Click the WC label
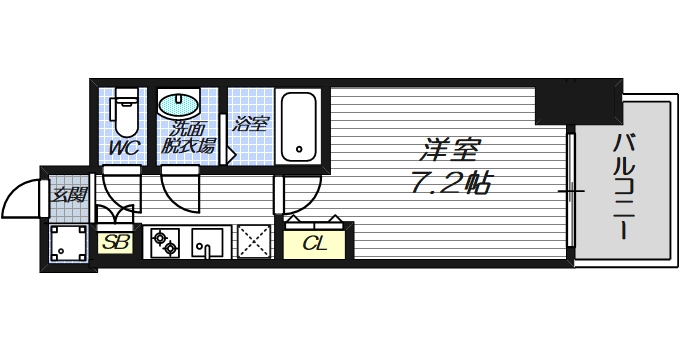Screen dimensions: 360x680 (124, 148)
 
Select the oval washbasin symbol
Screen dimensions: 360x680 (179, 103)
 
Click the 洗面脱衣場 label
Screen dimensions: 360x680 (190, 137)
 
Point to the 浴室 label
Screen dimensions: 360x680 (250, 124)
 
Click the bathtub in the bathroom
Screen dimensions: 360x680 (298, 126)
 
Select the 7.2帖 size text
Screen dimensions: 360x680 (451, 184)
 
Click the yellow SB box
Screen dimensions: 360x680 (115, 243)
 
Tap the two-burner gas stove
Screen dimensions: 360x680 (166, 243)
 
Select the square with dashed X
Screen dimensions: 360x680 (253, 243)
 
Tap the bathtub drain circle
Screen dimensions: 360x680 (298, 152)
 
